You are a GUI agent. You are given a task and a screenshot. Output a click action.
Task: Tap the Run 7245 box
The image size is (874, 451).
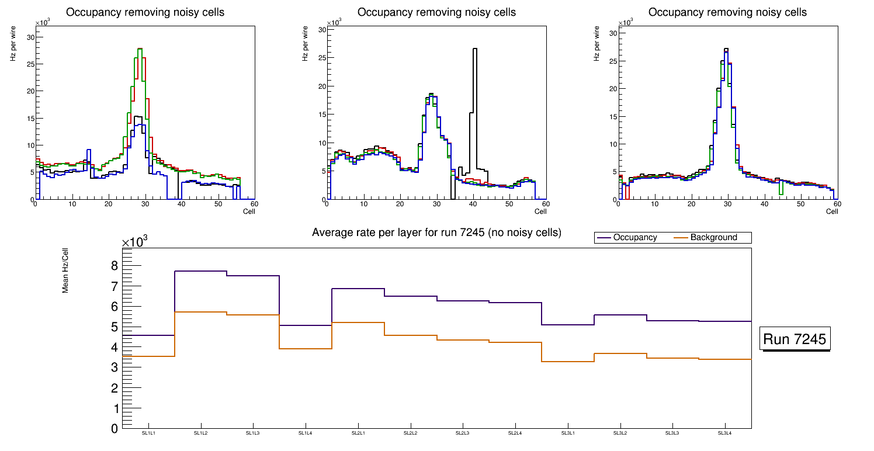tap(795, 339)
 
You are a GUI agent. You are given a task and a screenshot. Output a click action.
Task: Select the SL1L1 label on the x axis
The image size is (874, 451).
tap(148, 433)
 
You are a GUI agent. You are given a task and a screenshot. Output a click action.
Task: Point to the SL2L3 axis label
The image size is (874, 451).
tap(463, 433)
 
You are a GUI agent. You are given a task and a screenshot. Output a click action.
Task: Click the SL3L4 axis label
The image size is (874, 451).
tap(724, 433)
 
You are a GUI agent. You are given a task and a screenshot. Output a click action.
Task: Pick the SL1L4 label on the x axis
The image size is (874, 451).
tap(306, 433)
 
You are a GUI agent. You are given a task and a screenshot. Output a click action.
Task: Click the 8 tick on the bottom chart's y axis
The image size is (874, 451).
tap(114, 266)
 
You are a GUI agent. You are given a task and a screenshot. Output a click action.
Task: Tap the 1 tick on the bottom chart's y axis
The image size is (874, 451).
tap(114, 408)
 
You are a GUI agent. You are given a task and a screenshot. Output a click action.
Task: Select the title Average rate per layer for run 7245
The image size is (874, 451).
tap(436, 233)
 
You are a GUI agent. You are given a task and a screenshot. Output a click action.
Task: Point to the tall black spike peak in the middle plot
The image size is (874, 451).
tap(475, 49)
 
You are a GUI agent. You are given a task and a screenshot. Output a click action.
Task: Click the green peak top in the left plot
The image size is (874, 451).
tap(140, 49)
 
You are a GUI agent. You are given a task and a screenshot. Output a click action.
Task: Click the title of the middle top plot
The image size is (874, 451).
tap(436, 12)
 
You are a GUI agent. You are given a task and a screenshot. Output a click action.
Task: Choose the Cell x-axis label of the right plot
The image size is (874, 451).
tap(832, 211)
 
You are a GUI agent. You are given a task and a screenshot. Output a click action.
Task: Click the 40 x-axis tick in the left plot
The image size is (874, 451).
tap(182, 204)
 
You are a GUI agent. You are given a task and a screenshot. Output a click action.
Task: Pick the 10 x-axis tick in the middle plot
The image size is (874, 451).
tap(363, 204)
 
